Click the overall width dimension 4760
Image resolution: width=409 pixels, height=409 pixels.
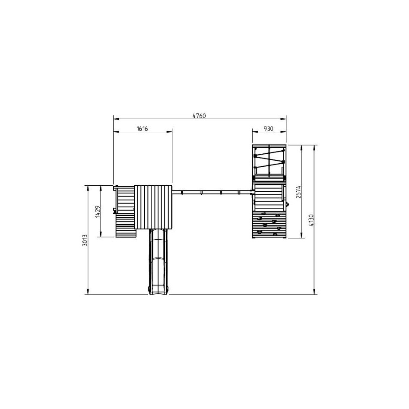click(x=199, y=116)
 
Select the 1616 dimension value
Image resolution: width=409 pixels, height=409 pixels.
click(x=142, y=128)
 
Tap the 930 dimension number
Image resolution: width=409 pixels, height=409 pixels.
click(x=268, y=128)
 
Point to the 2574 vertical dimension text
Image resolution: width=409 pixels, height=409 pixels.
click(x=298, y=192)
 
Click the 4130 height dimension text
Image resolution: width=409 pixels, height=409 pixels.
click(x=311, y=220)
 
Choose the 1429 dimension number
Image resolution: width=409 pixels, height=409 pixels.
click(x=98, y=211)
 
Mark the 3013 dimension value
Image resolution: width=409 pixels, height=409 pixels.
click(x=85, y=241)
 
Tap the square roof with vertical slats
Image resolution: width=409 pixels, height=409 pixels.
click(x=153, y=207)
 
